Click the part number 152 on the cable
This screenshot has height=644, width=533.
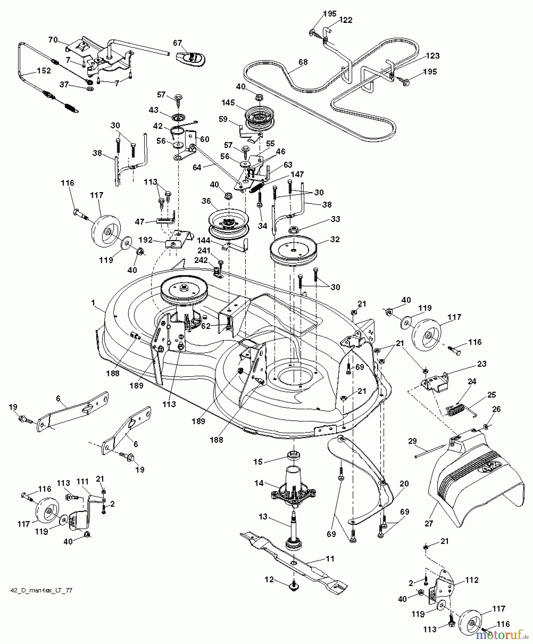pos(44,70)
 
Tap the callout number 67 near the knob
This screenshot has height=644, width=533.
pos(178,43)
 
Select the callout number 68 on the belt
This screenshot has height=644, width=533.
pos(303,62)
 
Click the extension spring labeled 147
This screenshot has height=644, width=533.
pos(257,186)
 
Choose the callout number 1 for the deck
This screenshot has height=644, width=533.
pos(93,303)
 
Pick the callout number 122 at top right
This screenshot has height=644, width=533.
pos(345,20)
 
